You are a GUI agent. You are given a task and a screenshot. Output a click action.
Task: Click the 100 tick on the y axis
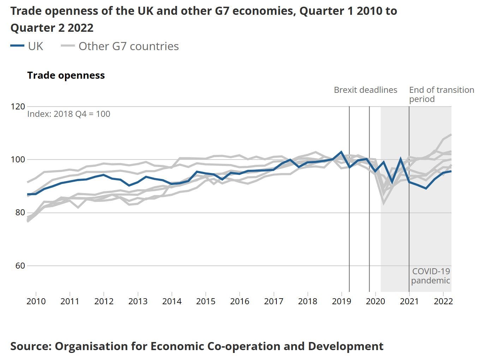coord(18,160)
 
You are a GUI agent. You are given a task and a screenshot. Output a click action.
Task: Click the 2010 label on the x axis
coord(36,301)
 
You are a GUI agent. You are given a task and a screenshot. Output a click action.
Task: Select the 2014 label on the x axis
coord(172,301)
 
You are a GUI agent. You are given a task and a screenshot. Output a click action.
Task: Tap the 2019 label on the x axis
coord(342,301)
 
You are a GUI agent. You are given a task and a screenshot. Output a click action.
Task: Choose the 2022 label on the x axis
coord(443,301)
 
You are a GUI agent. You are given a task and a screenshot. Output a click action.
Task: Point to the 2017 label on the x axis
coord(274,301)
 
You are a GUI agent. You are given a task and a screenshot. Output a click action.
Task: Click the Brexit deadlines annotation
coord(365,90)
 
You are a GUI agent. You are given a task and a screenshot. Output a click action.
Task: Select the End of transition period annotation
coord(441,94)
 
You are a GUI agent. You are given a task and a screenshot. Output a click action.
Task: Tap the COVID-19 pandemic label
coord(431,276)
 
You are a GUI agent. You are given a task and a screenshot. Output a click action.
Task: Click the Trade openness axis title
coord(66,76)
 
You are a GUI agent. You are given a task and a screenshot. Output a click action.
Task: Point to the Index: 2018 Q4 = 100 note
coord(68,114)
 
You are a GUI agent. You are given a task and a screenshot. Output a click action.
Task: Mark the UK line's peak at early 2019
coord(341,152)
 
